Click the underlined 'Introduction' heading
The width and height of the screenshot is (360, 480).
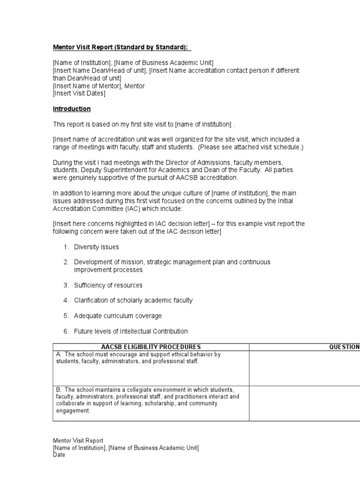pos(72,109)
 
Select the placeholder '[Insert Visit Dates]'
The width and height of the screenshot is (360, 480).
pos(79,93)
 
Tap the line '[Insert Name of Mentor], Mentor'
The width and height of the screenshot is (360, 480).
pos(99,86)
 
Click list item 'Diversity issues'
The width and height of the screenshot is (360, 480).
pos(97,247)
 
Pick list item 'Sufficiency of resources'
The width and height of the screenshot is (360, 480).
pos(108,285)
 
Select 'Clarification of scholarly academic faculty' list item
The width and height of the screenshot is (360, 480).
pos(133,300)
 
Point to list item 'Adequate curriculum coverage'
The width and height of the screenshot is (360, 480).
pos(118,315)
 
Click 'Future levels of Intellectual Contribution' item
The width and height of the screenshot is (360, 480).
pos(131,331)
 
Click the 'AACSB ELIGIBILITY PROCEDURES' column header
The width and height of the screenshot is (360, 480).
pos(151,347)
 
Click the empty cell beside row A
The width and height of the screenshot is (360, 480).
pos(304,368)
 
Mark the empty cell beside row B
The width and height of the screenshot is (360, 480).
pos(304,403)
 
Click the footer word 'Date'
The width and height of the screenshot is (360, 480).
pos(59,455)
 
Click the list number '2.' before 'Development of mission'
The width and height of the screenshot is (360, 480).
pos(67,262)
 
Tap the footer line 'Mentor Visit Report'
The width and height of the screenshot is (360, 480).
pos(78,441)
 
